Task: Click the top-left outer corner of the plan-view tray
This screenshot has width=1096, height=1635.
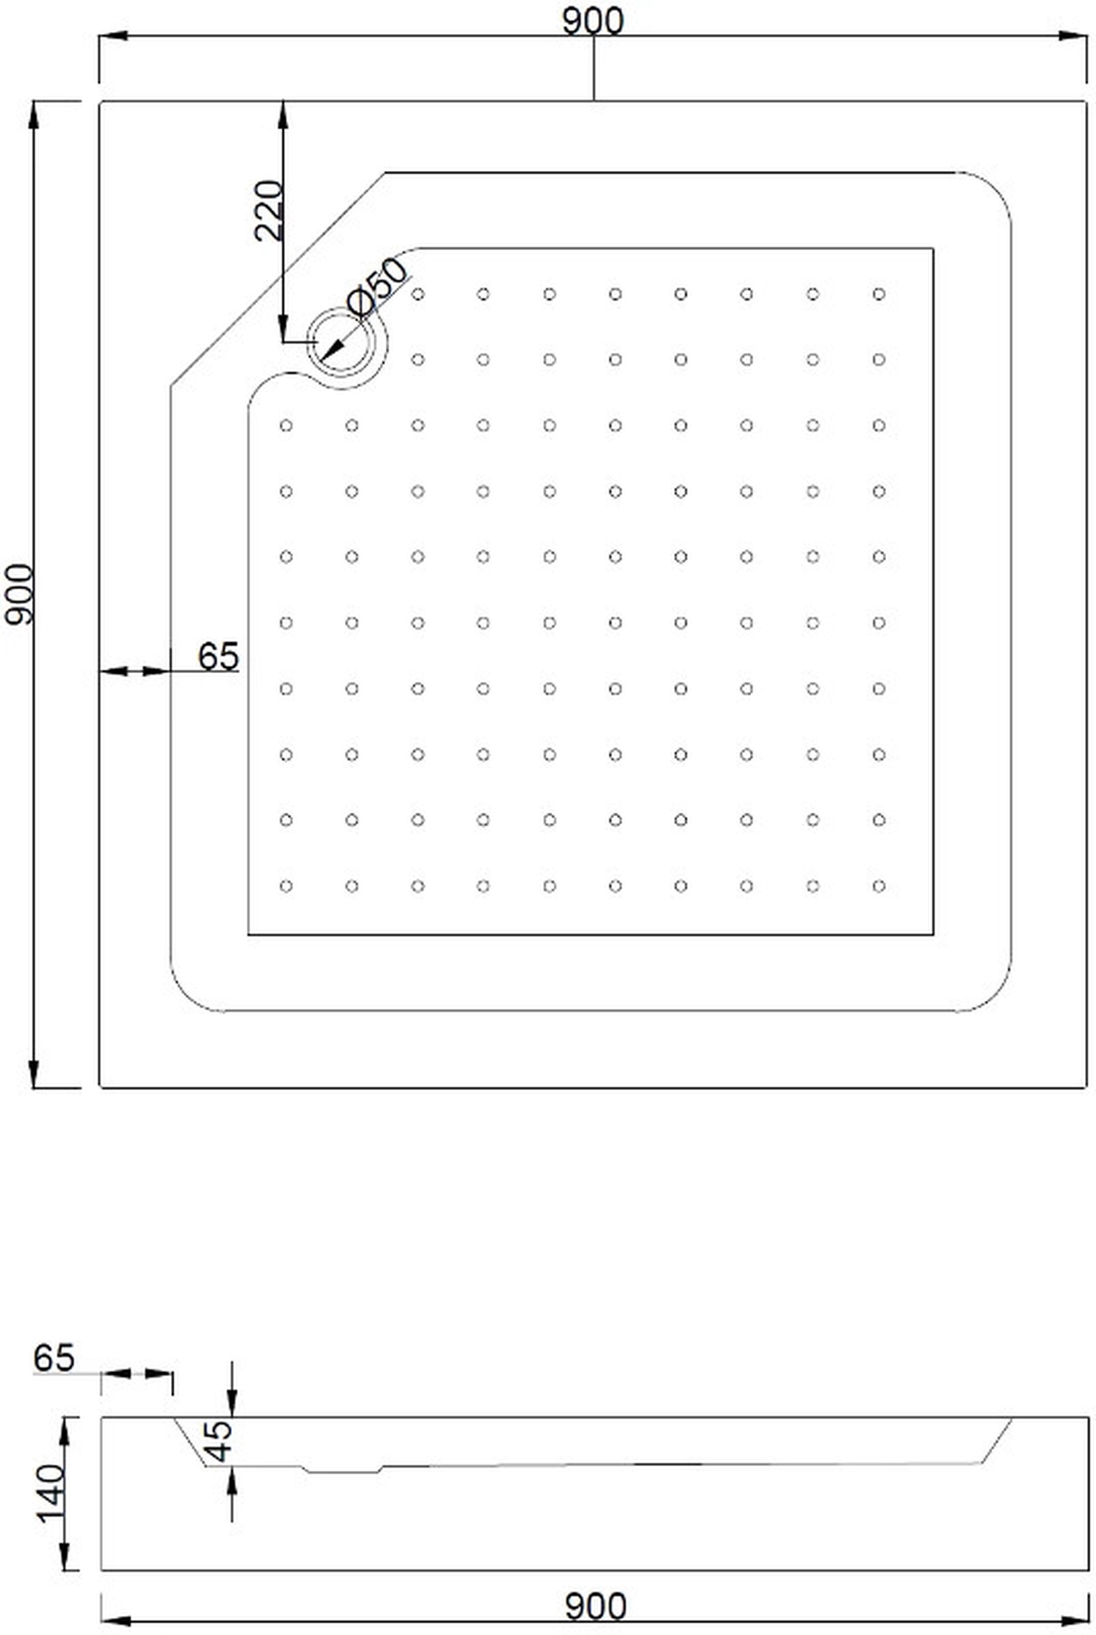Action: (x=99, y=102)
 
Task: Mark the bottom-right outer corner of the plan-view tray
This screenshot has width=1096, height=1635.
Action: (x=1086, y=1087)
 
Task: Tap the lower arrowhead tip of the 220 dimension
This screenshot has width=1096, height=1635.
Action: (x=283, y=342)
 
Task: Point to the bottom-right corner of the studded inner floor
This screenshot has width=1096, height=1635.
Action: (x=933, y=934)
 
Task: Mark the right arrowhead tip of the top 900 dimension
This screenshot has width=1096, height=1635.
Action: (x=1086, y=36)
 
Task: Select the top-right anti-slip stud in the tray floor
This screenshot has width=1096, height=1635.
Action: (x=878, y=294)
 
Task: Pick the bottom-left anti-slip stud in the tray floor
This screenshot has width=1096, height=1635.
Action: (x=286, y=886)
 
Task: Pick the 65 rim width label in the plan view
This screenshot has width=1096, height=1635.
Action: (x=218, y=656)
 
